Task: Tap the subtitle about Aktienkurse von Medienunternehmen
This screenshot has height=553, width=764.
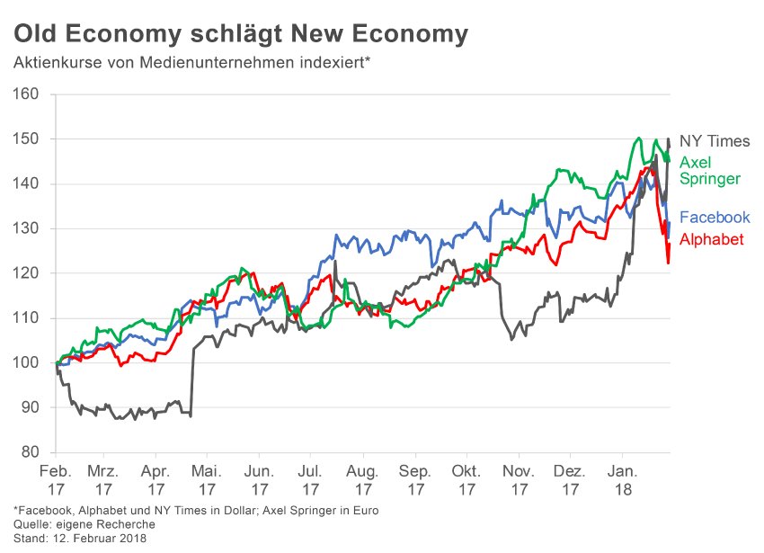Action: pos(191,64)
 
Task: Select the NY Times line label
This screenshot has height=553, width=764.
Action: pos(715,141)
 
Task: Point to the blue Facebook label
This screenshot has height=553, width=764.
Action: pos(715,218)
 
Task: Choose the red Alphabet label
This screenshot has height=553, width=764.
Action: pos(712,239)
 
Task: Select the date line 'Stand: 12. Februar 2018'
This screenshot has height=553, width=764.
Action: pos(79,539)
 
